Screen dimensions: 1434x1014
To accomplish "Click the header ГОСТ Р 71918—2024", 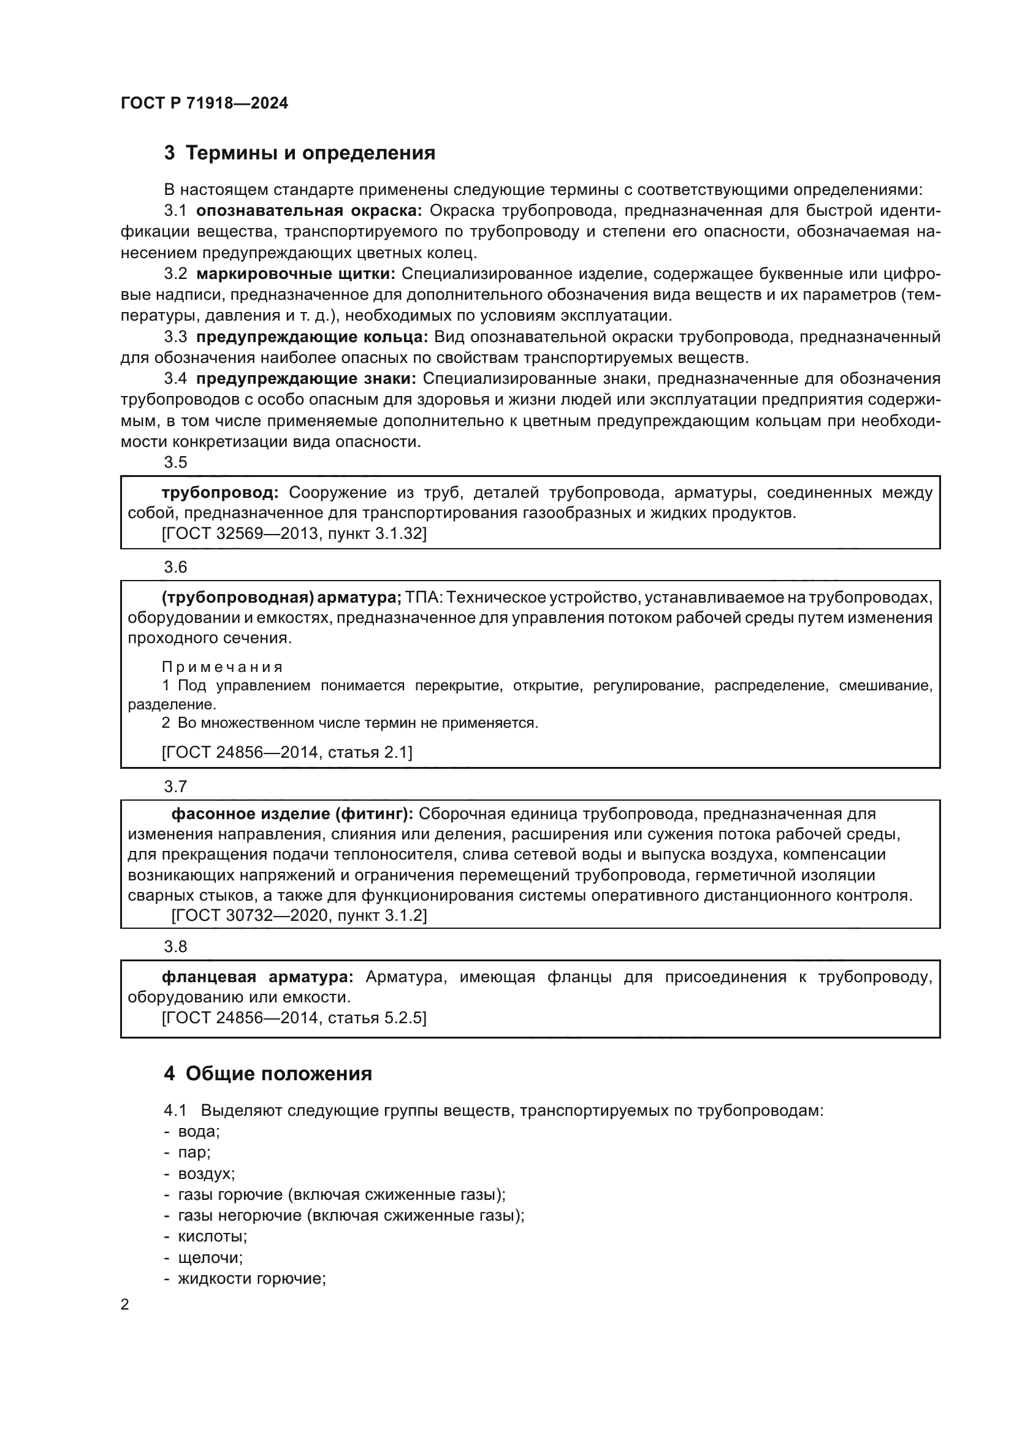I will coord(204,103).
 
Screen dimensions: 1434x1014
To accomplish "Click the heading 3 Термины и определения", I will coord(300,153).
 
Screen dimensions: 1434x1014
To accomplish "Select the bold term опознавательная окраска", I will coord(308,211).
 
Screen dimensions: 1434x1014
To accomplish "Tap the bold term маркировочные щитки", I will coord(295,273).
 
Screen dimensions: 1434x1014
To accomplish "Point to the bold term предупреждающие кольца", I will coord(311,337).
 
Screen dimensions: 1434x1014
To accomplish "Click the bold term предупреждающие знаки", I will coord(306,378).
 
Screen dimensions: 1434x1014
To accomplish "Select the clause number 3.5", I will coord(175,462).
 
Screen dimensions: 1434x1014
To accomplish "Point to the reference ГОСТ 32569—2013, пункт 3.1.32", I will coord(294,533).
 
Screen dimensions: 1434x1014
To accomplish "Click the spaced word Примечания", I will coord(223,667).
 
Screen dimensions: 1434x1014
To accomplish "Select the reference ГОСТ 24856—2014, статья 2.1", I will coord(287,752).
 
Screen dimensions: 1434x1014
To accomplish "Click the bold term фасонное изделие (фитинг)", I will coord(292,814).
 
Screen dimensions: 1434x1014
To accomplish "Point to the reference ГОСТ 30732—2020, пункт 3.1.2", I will coord(299,915).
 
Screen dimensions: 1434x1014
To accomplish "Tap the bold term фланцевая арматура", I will coord(257,977).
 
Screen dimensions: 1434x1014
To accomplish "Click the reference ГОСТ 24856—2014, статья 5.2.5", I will coord(294,1018).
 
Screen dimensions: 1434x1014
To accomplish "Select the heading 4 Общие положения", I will coord(268,1074).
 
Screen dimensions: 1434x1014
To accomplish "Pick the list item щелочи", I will coord(210,1257).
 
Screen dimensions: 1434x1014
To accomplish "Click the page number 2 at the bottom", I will coord(125,1305).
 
